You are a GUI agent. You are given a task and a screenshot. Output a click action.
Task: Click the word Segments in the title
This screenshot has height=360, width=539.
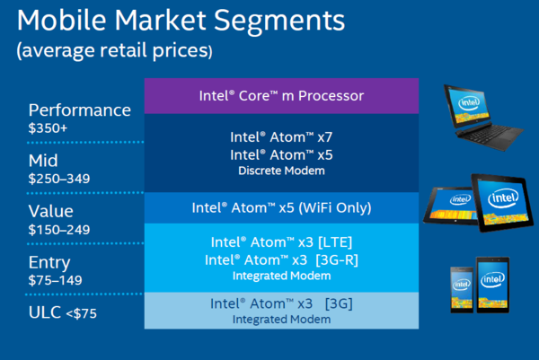(279, 22)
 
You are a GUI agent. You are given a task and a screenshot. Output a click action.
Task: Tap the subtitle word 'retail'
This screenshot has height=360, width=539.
(123, 50)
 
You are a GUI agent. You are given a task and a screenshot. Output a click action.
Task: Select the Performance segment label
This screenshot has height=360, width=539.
(80, 111)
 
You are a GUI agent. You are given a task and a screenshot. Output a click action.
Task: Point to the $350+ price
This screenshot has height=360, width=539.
(48, 128)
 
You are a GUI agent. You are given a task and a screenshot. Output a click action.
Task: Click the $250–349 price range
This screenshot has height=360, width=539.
(59, 179)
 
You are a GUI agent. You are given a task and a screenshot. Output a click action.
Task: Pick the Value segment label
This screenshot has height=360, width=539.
(51, 211)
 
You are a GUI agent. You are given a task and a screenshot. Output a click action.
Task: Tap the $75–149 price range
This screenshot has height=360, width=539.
(56, 280)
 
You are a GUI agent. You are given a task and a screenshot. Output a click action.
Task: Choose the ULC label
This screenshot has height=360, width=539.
(45, 312)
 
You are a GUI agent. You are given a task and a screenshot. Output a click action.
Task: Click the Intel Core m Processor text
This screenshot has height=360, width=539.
(281, 96)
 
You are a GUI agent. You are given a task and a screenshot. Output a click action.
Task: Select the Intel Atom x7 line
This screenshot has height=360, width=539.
(281, 137)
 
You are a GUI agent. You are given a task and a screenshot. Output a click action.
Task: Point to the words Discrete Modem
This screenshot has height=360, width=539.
(281, 171)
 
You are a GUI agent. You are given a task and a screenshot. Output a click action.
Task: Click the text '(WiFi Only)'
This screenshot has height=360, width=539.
(335, 207)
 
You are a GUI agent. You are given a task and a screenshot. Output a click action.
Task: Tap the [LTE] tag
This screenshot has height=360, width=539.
(335, 242)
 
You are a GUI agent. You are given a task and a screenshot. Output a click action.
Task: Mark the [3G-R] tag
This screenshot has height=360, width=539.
(337, 260)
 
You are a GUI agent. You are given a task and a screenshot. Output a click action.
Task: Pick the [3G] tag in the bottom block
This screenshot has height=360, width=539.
(339, 303)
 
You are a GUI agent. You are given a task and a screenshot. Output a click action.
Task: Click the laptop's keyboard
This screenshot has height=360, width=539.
(490, 134)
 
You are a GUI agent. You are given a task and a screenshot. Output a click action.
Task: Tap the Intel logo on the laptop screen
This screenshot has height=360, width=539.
(469, 102)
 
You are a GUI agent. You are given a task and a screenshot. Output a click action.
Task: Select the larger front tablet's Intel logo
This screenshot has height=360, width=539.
(503, 198)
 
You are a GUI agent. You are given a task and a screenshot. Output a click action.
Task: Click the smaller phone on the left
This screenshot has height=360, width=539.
(462, 290)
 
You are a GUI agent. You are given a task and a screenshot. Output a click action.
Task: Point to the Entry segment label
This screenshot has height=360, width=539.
(49, 263)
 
